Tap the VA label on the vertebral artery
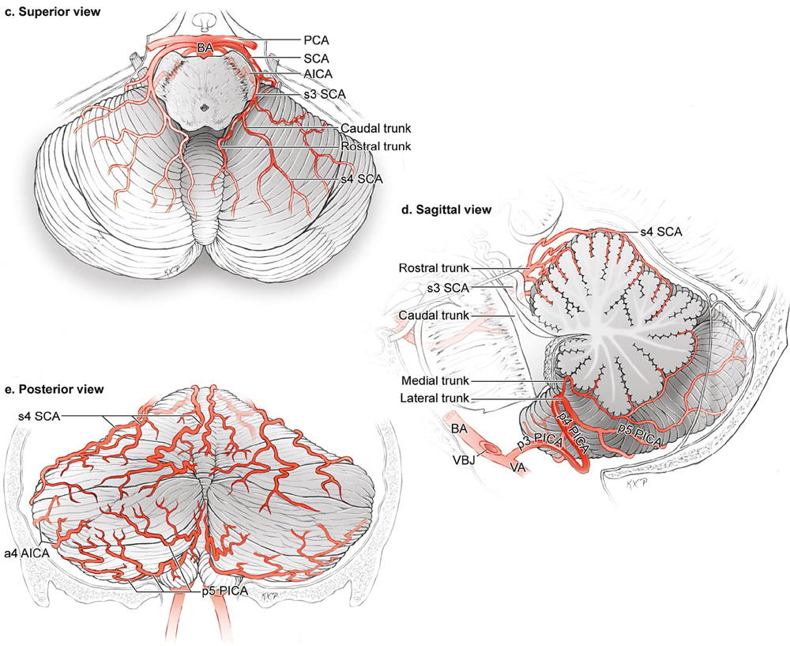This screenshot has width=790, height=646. click(518, 467)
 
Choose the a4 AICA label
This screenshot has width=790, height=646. click(27, 553)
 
